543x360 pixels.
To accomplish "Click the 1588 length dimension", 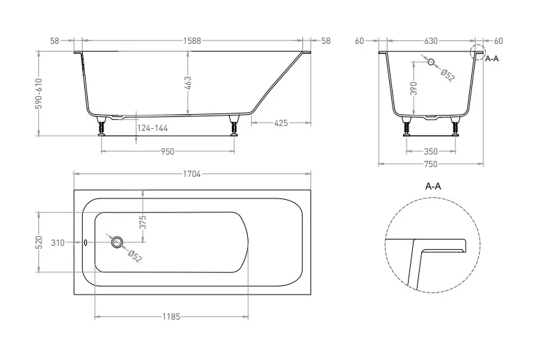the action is coord(192,41).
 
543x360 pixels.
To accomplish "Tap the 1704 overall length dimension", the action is coord(192,174).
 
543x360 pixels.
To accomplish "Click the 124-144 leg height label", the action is coord(152,128).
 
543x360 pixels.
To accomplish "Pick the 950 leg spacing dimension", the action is coord(168,152).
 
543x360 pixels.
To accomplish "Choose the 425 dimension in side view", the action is coord(281,123).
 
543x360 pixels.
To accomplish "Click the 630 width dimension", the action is coord(431,41).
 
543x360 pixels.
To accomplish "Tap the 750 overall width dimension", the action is coord(431,164).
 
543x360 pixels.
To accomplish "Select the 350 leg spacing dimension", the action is coord(431,152).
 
